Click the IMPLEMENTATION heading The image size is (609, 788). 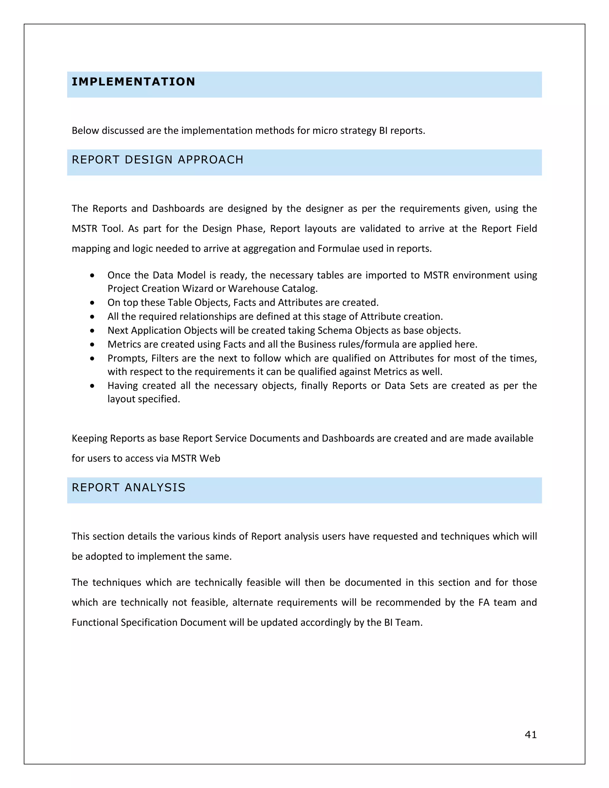tap(133, 82)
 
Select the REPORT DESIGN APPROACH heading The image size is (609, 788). tap(157, 160)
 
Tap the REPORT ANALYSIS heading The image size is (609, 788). tap(128, 488)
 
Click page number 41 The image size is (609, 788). tap(530, 734)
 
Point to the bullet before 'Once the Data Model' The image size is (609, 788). tap(93, 276)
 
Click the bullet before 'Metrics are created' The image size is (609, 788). tap(93, 345)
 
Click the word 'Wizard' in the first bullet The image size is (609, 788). tap(199, 289)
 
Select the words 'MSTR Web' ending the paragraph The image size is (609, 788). tap(196, 458)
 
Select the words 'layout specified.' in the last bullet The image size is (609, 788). tap(144, 399)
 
